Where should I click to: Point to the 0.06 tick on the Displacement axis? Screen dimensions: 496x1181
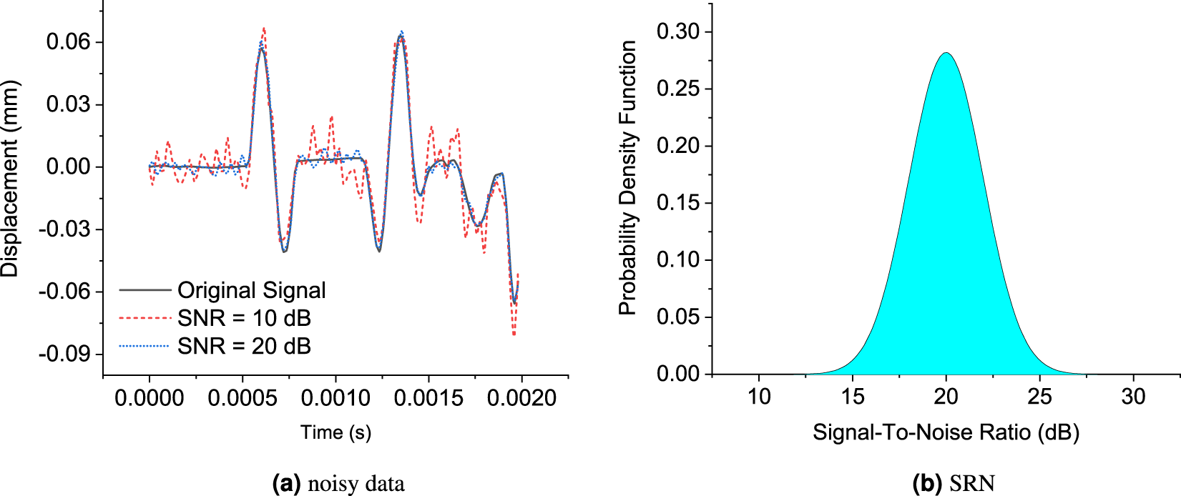click(x=69, y=42)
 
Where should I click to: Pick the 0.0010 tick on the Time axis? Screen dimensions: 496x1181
click(x=335, y=397)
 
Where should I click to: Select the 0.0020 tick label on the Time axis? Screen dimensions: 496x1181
click(x=521, y=397)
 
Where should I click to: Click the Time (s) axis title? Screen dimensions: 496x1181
click(x=335, y=432)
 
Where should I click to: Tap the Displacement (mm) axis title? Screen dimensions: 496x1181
click(x=10, y=179)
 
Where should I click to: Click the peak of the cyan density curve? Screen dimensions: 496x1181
click(x=946, y=53)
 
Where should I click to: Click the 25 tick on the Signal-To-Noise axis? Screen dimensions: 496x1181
click(x=1039, y=397)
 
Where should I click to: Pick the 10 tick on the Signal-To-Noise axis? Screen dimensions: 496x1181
click(x=759, y=397)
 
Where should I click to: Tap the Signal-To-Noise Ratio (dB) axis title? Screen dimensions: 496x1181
click(x=946, y=432)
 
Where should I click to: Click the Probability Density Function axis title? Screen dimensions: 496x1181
click(x=627, y=177)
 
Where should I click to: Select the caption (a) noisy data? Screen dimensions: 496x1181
click(x=338, y=484)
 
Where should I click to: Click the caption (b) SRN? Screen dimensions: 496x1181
click(x=954, y=484)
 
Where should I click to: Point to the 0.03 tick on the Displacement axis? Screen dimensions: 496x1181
click(x=69, y=104)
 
